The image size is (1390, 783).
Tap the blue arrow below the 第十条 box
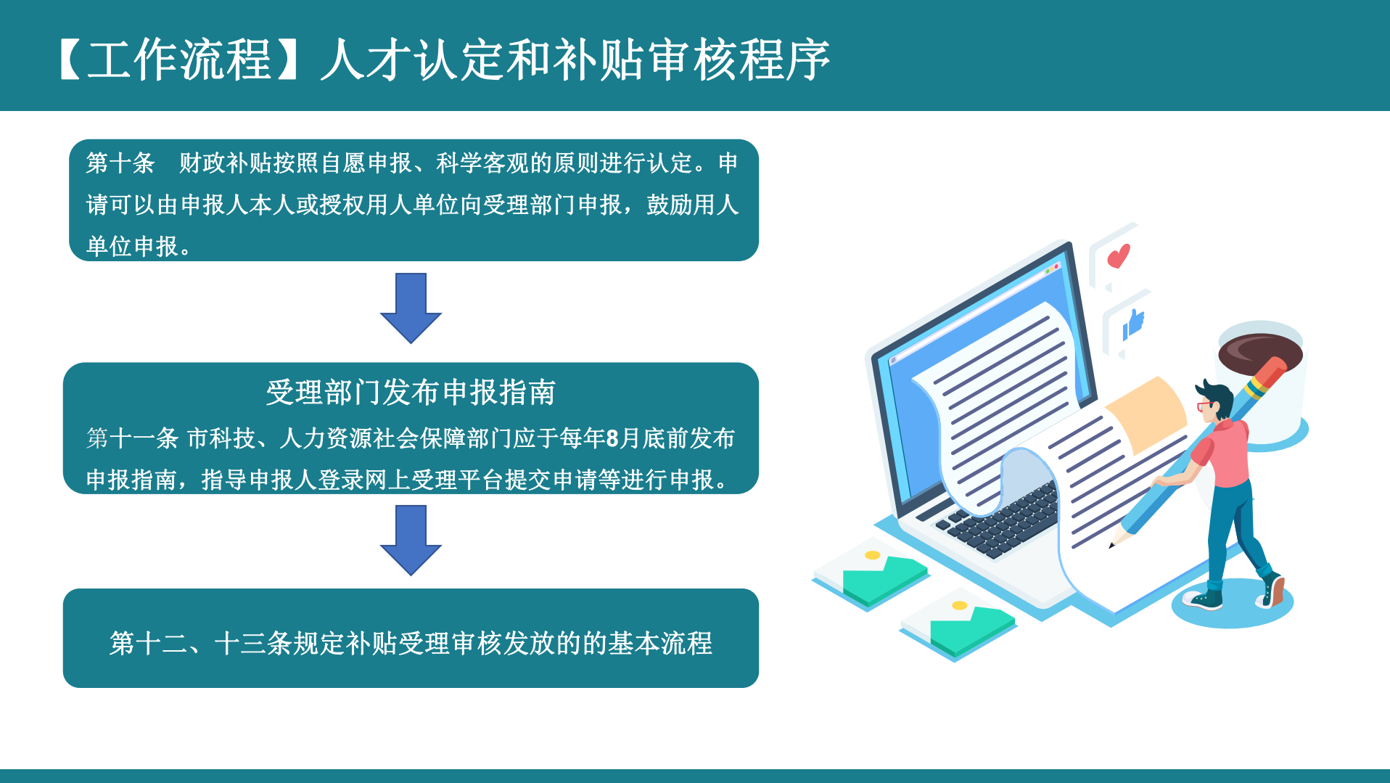tap(411, 308)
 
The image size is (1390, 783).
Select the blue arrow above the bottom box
tap(411, 540)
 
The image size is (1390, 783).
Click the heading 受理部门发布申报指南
tap(411, 393)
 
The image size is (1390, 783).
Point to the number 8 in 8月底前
tap(612, 438)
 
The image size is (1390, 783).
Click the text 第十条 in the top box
tap(120, 163)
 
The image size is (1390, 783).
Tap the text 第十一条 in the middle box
tap(132, 438)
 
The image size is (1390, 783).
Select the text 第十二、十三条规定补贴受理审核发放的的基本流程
tap(411, 643)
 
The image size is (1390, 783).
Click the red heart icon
tap(1119, 255)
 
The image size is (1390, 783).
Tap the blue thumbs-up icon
tap(1133, 324)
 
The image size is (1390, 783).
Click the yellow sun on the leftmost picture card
tap(873, 555)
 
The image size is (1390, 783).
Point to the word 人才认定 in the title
tap(414, 60)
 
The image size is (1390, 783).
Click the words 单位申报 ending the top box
tap(132, 247)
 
